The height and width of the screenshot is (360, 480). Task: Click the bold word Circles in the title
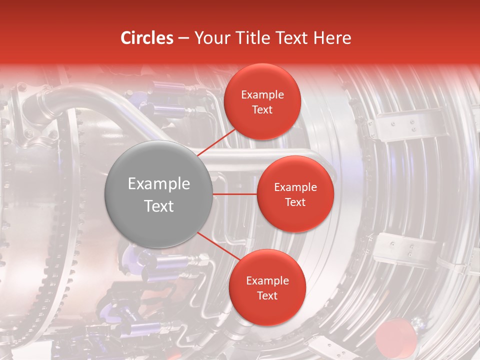click(x=147, y=38)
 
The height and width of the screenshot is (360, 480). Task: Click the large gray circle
click(x=158, y=194)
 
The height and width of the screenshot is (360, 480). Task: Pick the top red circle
click(x=262, y=101)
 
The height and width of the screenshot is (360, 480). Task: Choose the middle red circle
click(x=295, y=194)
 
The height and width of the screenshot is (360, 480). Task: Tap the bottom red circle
click(x=267, y=287)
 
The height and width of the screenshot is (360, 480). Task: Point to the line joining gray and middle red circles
click(x=235, y=194)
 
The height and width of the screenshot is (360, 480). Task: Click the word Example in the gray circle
click(x=159, y=184)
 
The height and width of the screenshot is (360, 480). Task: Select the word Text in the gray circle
click(x=159, y=206)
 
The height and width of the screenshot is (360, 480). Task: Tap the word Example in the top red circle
click(x=262, y=95)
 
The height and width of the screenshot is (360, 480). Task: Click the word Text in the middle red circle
click(x=295, y=202)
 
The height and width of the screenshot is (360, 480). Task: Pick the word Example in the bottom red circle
click(x=267, y=281)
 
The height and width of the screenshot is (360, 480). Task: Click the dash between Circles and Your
click(x=183, y=38)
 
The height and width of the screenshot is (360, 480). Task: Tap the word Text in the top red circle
click(x=262, y=109)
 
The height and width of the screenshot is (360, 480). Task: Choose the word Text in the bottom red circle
click(x=267, y=295)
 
